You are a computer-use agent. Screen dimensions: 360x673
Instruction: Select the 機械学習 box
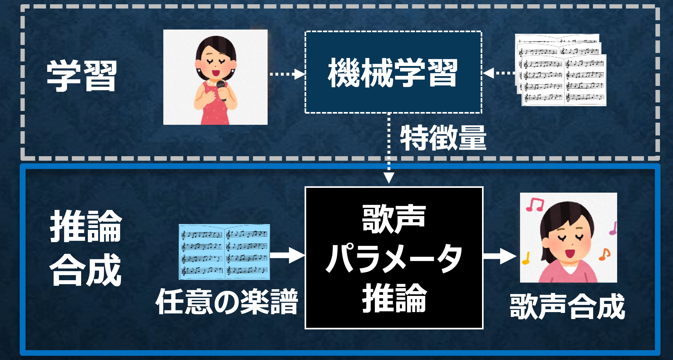point(393,72)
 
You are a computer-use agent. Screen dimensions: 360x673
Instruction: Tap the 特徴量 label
point(443,138)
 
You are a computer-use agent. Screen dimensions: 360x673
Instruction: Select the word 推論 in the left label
point(86,226)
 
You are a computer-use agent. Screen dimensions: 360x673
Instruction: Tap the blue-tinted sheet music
point(224,252)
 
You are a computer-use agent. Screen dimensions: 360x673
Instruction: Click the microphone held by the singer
point(221,88)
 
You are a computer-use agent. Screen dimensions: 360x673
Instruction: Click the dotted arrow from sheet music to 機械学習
point(498,73)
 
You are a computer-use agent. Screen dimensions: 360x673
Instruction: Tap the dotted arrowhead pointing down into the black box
point(389,177)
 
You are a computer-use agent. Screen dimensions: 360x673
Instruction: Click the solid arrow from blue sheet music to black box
point(287,255)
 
